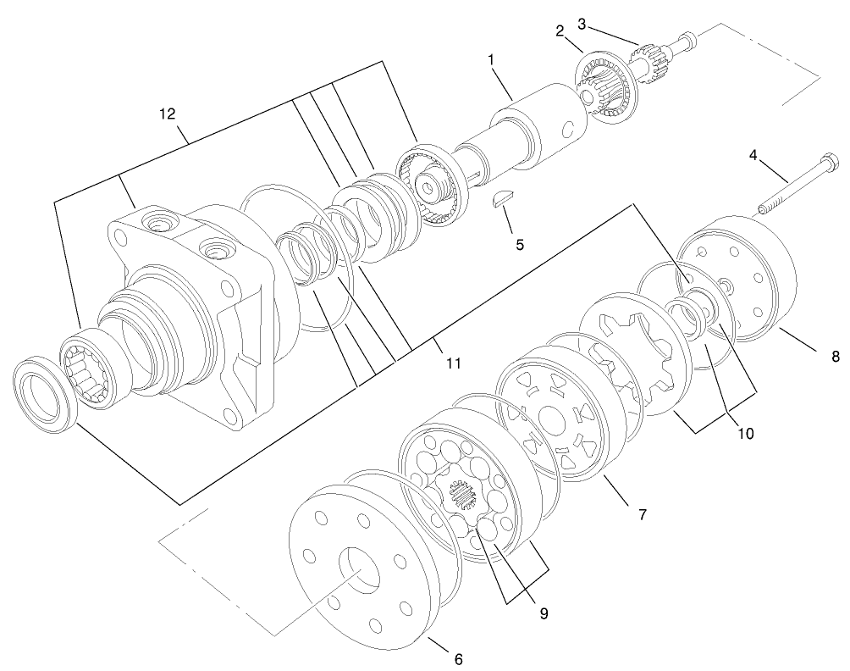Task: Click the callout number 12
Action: [169, 112]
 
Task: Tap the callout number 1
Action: [490, 61]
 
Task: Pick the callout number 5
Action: [520, 244]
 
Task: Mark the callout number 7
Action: [642, 513]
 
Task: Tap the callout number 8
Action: [834, 357]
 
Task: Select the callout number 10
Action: [744, 433]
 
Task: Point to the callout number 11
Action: [453, 363]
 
